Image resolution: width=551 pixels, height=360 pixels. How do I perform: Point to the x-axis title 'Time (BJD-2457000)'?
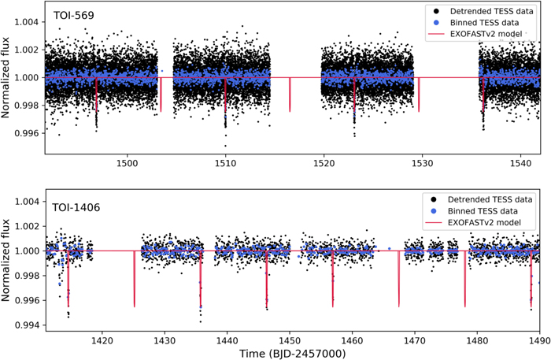(293, 353)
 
